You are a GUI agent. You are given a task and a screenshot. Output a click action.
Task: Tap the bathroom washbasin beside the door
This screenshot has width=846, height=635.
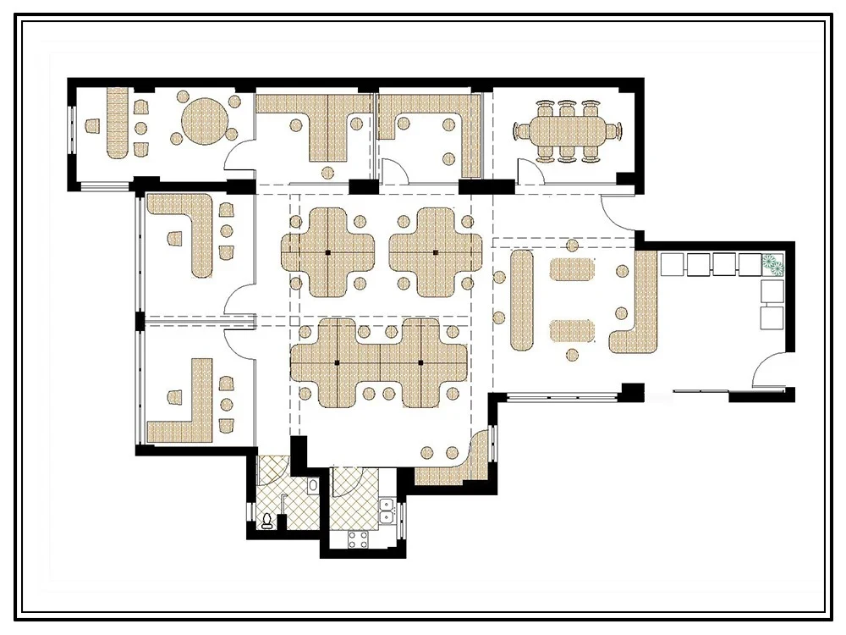point(313,487)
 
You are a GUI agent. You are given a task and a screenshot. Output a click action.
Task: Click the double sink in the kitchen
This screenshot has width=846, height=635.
point(387,511)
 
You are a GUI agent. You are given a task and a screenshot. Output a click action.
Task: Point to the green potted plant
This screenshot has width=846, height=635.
point(773,264)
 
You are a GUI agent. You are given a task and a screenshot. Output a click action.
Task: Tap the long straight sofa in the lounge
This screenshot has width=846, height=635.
point(523,301)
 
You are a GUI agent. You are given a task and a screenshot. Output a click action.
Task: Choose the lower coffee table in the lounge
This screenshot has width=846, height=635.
point(573,329)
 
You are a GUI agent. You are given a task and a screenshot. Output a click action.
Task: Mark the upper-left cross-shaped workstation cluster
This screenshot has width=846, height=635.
point(327,252)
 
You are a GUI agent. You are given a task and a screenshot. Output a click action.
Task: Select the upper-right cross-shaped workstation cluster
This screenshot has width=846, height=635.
point(435,252)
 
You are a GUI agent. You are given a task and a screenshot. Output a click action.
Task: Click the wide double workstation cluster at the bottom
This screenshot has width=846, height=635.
point(378,362)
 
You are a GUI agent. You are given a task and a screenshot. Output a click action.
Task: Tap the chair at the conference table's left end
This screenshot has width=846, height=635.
point(519,131)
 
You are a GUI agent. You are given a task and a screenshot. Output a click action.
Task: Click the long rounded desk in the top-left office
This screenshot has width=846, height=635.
point(116,123)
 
